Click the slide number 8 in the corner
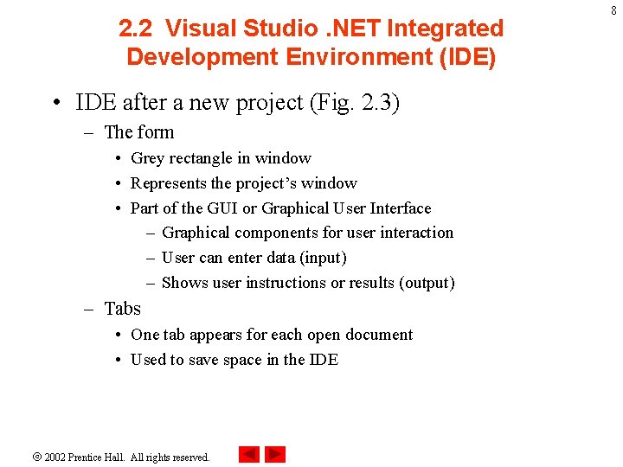(613, 11)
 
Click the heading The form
(138, 132)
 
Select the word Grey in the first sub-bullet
(148, 158)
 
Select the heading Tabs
(122, 309)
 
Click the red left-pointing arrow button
(249, 454)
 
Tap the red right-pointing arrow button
(275, 454)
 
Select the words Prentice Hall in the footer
(97, 457)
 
